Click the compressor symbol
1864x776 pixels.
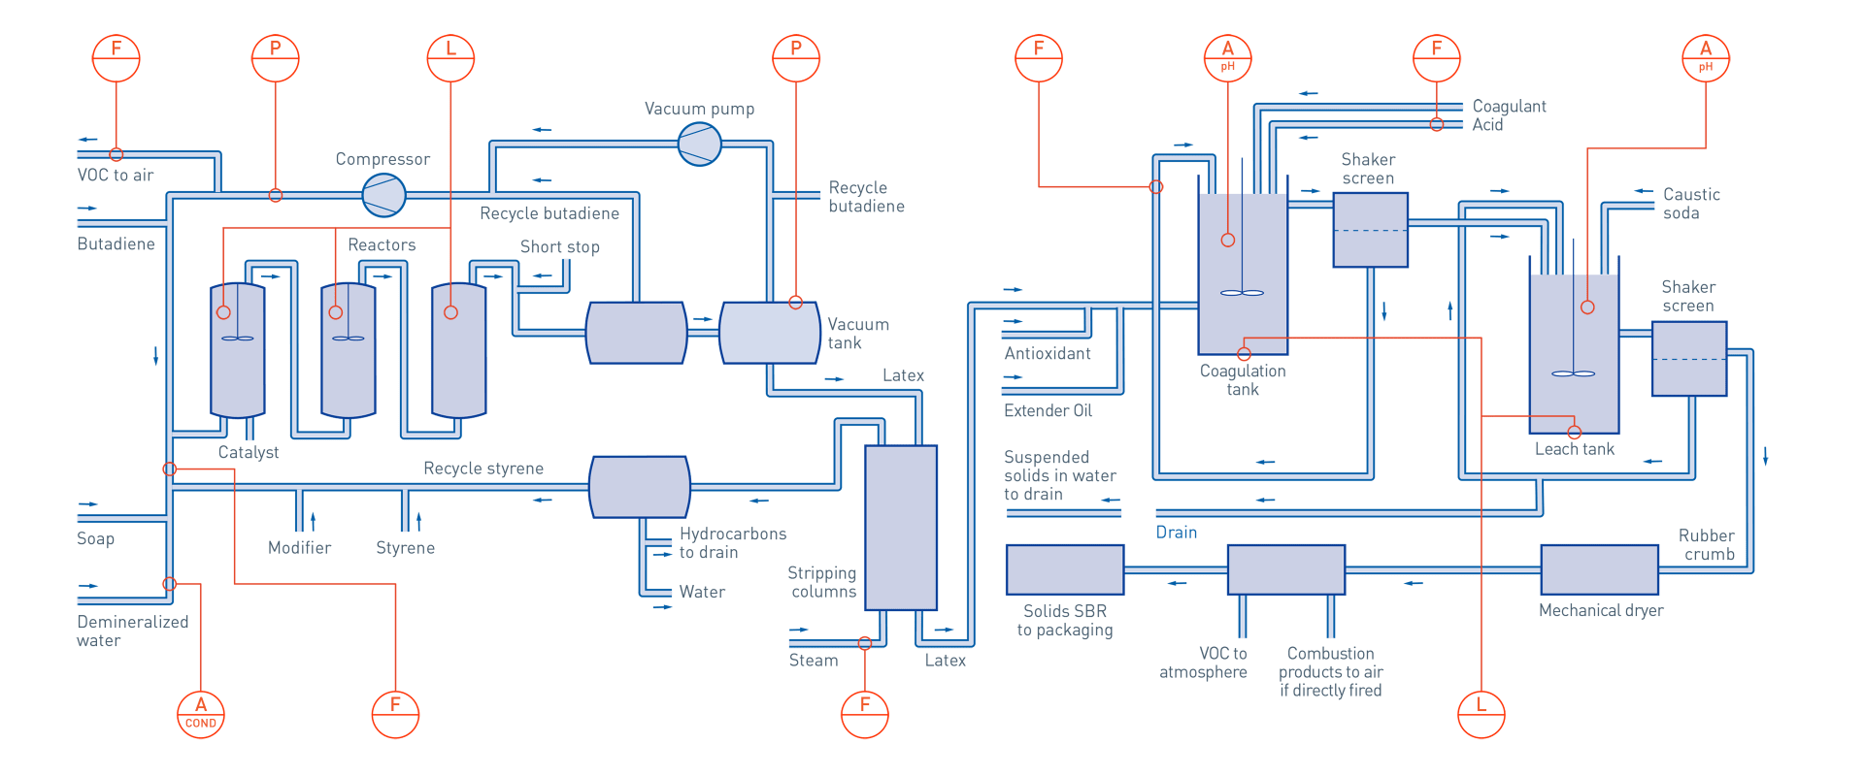[383, 195]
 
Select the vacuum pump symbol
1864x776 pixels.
[699, 145]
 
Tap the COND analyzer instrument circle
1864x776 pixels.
[201, 714]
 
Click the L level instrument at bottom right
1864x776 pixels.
[1481, 714]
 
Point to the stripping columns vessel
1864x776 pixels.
[901, 528]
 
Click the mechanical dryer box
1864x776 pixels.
[1600, 569]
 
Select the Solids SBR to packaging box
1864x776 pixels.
[1065, 569]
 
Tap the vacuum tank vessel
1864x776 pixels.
[770, 333]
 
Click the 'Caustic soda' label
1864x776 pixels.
[1691, 204]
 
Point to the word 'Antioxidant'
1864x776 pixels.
[1048, 354]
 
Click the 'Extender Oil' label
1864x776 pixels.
[1048, 411]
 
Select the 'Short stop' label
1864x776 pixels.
[560, 247]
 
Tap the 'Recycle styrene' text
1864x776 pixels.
[483, 469]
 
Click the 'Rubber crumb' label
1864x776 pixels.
[1707, 545]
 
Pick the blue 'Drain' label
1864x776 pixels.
[1177, 533]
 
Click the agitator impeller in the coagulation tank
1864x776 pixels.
[1242, 292]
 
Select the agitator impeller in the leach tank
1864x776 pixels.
[1574, 373]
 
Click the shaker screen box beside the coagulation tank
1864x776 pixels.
[1371, 230]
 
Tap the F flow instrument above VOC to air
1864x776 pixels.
[116, 58]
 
